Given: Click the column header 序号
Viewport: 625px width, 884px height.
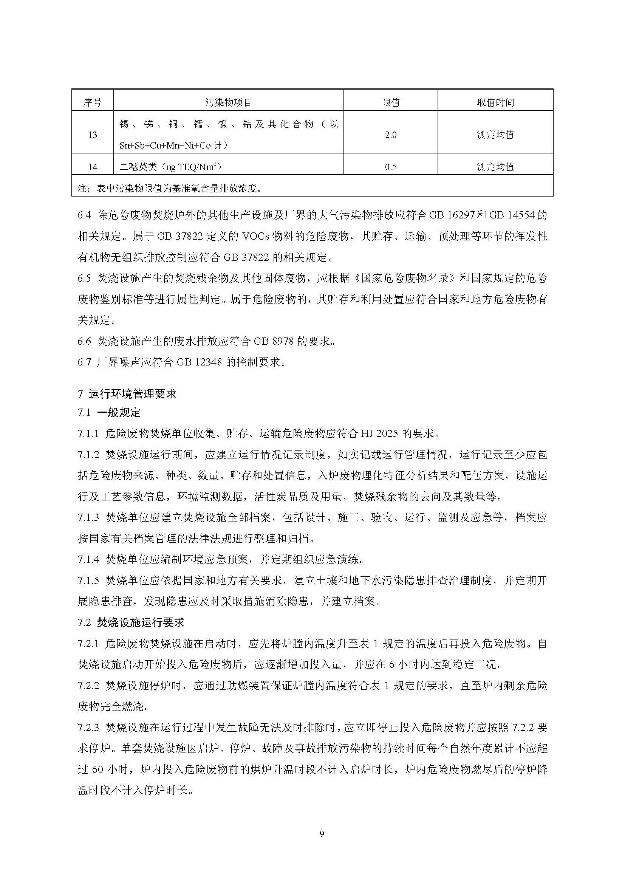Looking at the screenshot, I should click(92, 102).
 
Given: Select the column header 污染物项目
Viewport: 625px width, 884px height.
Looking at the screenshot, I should click(228, 102).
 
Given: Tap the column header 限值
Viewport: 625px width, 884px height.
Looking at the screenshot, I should click(391, 102).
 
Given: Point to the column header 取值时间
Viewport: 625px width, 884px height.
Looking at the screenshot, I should click(495, 102).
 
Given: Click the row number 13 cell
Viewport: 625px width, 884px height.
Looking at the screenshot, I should click(92, 135).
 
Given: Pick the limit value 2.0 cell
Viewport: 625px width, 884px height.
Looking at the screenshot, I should click(391, 135).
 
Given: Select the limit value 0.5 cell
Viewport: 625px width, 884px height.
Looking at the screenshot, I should click(391, 167).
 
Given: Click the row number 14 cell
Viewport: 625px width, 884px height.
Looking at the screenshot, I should click(92, 167).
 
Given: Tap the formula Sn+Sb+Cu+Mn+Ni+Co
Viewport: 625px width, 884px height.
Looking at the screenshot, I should click(166, 146).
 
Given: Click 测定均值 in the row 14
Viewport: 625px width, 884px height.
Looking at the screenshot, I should click(495, 167).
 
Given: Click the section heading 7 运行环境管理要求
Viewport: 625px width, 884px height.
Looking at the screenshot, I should click(127, 394).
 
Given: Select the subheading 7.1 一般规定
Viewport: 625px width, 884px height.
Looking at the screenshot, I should click(109, 413).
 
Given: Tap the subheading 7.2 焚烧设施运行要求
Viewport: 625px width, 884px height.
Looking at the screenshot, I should click(131, 622).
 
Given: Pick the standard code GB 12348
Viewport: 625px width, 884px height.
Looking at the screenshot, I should click(200, 362).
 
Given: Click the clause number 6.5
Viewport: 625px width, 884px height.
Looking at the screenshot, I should click(84, 279).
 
